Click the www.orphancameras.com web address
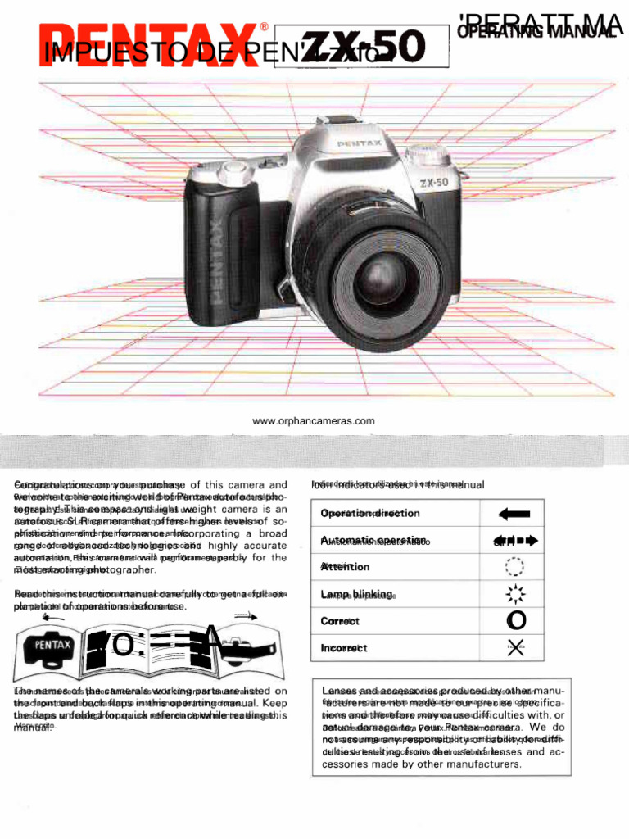coord(314,421)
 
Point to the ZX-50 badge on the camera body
coord(434,183)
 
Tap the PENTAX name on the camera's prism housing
coord(358,144)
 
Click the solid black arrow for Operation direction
coord(514,514)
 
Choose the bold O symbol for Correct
coord(516,621)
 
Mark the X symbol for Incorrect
coord(515,648)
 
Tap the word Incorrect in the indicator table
coord(344,648)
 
